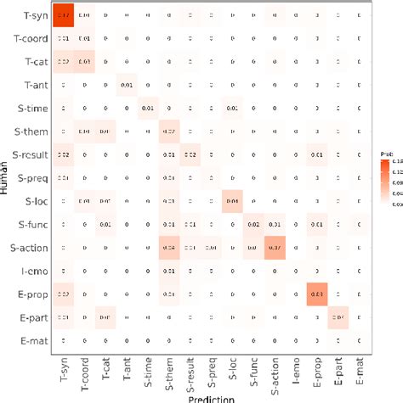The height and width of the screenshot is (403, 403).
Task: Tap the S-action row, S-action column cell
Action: pyautogui.click(x=274, y=247)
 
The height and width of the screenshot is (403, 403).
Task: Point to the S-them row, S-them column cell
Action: pyautogui.click(x=168, y=132)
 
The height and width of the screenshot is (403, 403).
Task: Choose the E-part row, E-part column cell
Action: pyautogui.click(x=338, y=316)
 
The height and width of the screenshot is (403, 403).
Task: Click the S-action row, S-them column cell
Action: pyautogui.click(x=168, y=247)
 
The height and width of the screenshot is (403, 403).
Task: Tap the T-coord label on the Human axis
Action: pyautogui.click(x=31, y=39)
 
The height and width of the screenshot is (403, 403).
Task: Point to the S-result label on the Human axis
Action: pyautogui.click(x=29, y=154)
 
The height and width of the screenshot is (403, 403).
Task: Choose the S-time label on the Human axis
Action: pyautogui.click(x=31, y=109)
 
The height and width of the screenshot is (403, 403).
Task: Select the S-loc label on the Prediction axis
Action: pyautogui.click(x=232, y=371)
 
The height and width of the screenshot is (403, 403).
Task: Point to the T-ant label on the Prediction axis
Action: pyautogui.click(x=127, y=371)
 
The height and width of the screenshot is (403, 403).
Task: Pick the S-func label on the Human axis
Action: pyautogui.click(x=31, y=224)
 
